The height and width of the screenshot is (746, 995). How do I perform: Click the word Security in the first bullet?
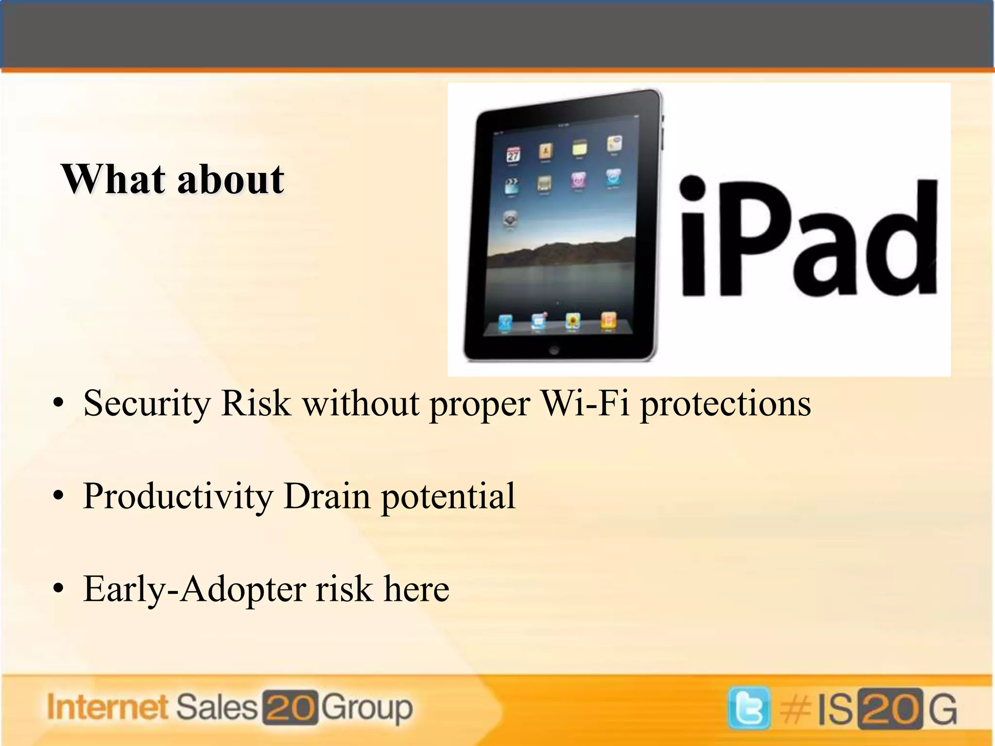click(146, 404)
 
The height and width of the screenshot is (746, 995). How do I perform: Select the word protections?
click(725, 404)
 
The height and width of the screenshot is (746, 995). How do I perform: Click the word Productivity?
click(178, 496)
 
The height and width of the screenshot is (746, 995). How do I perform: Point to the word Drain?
click(326, 496)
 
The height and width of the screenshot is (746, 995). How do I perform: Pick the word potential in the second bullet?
click(448, 496)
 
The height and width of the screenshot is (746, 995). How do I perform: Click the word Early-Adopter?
click(194, 589)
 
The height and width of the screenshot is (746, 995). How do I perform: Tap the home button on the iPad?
click(554, 350)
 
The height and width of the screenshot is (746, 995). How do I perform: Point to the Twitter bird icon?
click(749, 709)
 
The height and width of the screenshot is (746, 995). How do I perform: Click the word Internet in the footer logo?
click(107, 707)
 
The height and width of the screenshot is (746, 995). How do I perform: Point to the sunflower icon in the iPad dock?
click(573, 321)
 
